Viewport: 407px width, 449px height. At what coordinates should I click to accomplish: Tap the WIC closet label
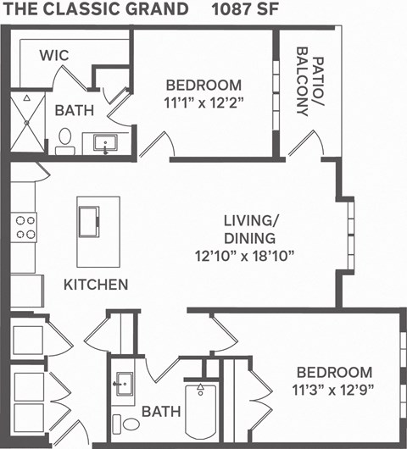click(x=54, y=55)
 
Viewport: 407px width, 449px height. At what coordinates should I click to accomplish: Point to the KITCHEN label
click(x=96, y=285)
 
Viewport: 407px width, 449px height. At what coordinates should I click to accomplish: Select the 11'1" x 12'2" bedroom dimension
click(x=203, y=105)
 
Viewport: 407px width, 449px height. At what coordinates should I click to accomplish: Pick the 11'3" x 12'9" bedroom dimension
click(x=333, y=391)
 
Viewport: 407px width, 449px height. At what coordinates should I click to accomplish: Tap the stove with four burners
click(x=25, y=228)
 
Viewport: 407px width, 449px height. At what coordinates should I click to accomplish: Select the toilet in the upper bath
click(x=64, y=141)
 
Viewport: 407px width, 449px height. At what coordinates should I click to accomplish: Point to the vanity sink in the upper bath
click(x=105, y=141)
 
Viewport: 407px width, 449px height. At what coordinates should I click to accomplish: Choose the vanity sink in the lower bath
click(x=124, y=384)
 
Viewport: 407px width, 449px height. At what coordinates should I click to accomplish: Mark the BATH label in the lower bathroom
click(x=160, y=412)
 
